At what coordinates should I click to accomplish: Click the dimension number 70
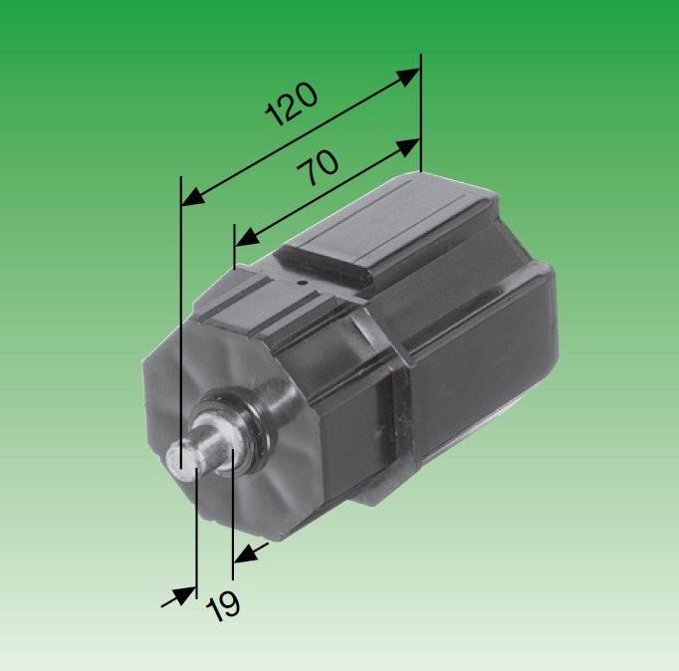(321, 169)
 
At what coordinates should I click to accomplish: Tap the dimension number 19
(225, 603)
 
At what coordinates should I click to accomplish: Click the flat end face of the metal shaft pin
(181, 461)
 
